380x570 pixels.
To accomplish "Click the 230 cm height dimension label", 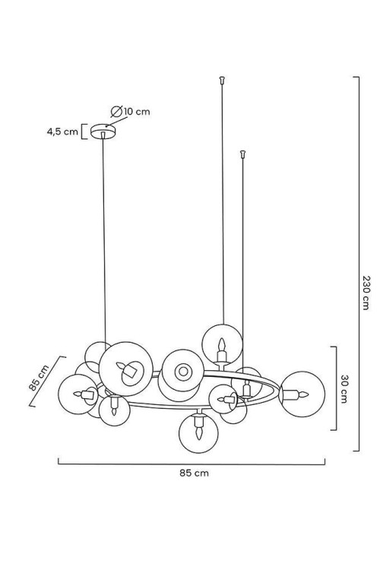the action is coord(366,293).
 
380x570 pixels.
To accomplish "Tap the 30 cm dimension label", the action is coord(344,389).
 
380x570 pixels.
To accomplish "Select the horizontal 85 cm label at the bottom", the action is coord(195,473).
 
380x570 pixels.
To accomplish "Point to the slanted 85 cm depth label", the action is coord(39,377).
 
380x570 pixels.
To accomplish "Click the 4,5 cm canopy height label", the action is coord(62,131).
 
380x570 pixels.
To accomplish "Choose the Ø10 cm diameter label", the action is coord(131,111).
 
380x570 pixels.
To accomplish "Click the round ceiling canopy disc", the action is coord(103,131).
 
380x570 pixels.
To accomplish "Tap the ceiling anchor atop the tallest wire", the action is coord(222,79).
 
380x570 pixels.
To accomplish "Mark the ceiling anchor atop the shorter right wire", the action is coord(243,154).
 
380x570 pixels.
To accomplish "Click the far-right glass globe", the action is coord(302,394).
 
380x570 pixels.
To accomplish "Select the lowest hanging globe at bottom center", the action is coord(198,433).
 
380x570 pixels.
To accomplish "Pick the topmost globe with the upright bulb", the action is coord(222,344).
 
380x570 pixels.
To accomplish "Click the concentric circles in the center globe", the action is coord(183,372).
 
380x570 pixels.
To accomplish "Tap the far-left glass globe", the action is coord(78,394).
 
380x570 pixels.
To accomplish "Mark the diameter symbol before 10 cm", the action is coord(116,111).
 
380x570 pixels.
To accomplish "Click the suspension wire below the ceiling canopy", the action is coord(104,240).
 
